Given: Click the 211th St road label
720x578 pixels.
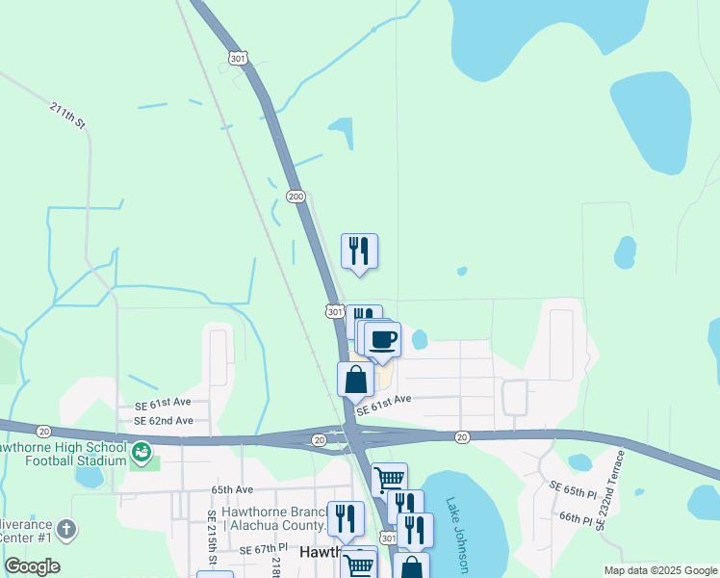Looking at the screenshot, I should (x=68, y=116).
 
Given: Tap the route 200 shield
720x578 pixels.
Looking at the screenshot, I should (x=296, y=197).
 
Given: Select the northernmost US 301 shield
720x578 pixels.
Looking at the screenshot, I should (x=239, y=59).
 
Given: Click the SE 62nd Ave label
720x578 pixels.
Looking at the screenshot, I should (x=163, y=421).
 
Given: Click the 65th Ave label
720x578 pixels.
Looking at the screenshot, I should (x=232, y=489).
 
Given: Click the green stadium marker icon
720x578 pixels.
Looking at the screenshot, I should (x=141, y=450).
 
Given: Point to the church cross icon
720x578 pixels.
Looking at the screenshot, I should (x=65, y=529).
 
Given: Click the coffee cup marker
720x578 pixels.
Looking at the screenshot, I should (x=383, y=340).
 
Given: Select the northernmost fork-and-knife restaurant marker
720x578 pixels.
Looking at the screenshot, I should (x=359, y=251).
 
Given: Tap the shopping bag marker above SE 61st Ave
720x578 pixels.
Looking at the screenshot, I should (x=355, y=380).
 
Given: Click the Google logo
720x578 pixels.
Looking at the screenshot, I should (x=32, y=565).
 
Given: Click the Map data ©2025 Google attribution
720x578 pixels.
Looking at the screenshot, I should (x=661, y=570).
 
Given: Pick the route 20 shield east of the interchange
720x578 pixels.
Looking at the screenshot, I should (x=462, y=437).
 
